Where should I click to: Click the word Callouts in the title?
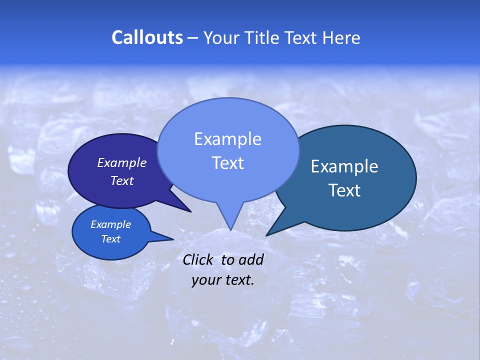[147, 37]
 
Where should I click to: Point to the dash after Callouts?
[193, 38]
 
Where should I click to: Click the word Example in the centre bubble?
[227, 139]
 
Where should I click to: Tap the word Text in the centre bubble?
[227, 163]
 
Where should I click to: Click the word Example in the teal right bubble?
[344, 166]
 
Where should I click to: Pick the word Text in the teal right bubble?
[344, 190]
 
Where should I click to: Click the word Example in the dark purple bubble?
[121, 162]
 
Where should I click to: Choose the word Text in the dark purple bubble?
[122, 180]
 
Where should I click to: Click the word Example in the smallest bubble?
[110, 224]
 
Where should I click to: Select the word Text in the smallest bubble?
[110, 239]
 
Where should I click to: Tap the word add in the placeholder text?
[251, 259]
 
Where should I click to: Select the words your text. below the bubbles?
[223, 280]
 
